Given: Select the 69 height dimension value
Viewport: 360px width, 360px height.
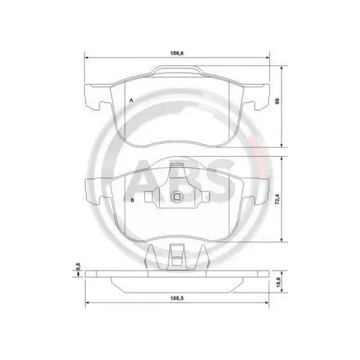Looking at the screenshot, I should point(280,102).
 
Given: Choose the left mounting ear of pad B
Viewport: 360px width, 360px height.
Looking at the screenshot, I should point(93,190).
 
